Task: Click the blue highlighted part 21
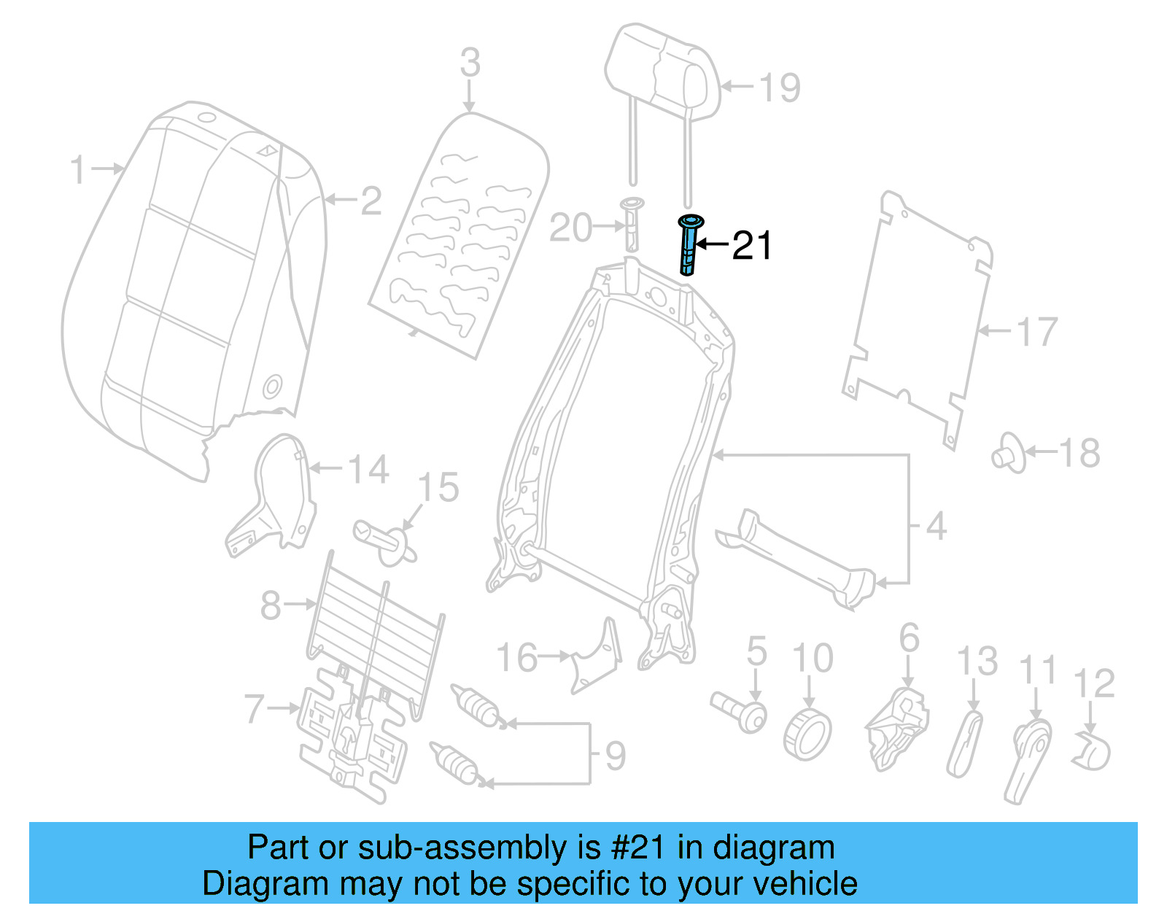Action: pyautogui.click(x=689, y=246)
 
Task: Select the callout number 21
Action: pyautogui.click(x=751, y=246)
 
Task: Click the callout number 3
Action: pyautogui.click(x=470, y=63)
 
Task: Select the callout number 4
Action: pyautogui.click(x=936, y=526)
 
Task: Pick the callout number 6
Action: pyautogui.click(x=909, y=638)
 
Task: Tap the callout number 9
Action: pyautogui.click(x=615, y=756)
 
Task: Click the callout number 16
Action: pyautogui.click(x=517, y=658)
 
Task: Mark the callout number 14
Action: pyautogui.click(x=368, y=470)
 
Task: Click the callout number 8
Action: pyautogui.click(x=271, y=605)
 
